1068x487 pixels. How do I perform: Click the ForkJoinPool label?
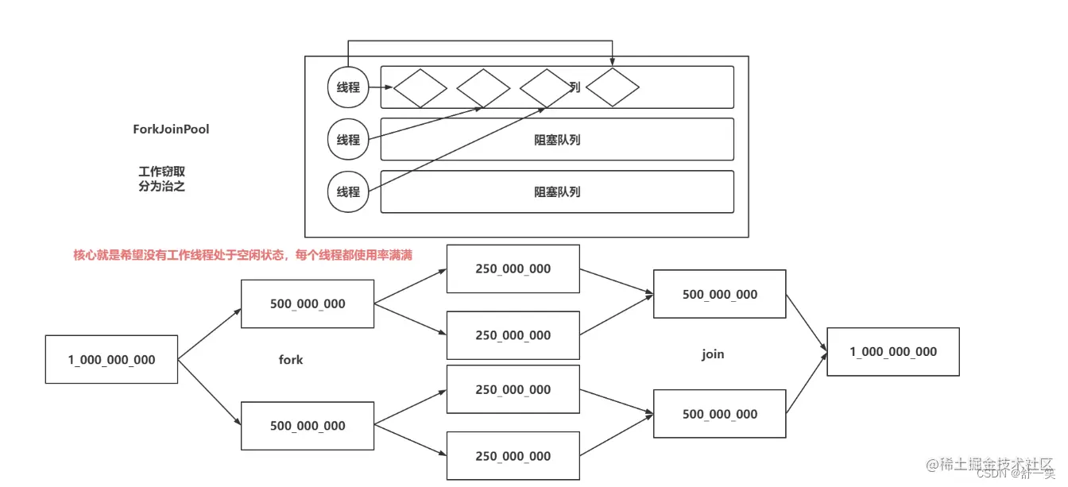pyautogui.click(x=171, y=129)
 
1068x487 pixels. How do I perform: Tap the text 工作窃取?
pyautogui.click(x=161, y=172)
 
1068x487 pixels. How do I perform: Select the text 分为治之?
pyautogui.click(x=161, y=187)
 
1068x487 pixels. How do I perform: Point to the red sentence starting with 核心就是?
pyautogui.click(x=242, y=255)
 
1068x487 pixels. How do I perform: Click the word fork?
pyautogui.click(x=291, y=360)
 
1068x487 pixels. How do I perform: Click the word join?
pyautogui.click(x=713, y=354)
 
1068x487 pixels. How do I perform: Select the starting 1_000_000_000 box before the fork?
pyautogui.click(x=111, y=360)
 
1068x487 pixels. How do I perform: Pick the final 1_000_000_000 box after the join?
pyautogui.click(x=893, y=352)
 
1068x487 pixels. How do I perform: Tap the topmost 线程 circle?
pyautogui.click(x=348, y=87)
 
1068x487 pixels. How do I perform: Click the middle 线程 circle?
pyautogui.click(x=348, y=140)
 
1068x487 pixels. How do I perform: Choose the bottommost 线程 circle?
pyautogui.click(x=348, y=191)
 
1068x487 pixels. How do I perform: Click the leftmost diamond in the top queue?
pyautogui.click(x=420, y=87)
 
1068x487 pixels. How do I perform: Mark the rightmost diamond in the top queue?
pyautogui.click(x=613, y=87)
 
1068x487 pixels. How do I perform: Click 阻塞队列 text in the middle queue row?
pyautogui.click(x=557, y=140)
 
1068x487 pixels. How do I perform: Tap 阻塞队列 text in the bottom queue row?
pyautogui.click(x=557, y=191)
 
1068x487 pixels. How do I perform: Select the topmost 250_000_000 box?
pyautogui.click(x=513, y=269)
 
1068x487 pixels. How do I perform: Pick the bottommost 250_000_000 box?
pyautogui.click(x=513, y=456)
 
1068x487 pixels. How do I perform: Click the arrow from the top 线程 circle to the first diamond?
pyautogui.click(x=381, y=87)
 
